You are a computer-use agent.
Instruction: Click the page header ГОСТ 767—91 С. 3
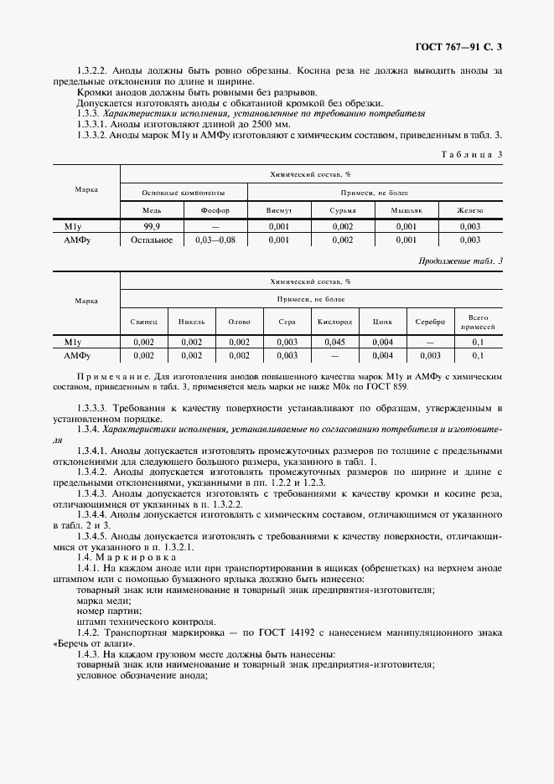click(458, 47)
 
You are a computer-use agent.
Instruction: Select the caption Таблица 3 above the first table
click(471, 154)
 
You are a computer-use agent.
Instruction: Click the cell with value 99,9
click(152, 226)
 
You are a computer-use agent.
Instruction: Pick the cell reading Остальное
click(152, 240)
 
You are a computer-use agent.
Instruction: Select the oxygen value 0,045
click(335, 342)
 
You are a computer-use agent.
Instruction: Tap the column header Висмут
click(278, 210)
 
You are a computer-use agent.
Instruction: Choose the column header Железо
click(469, 210)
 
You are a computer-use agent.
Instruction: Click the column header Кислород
click(335, 322)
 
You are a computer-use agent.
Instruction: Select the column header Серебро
click(430, 322)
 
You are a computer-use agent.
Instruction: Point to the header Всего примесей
click(478, 322)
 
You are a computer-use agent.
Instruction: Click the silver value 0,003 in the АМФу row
click(430, 355)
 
